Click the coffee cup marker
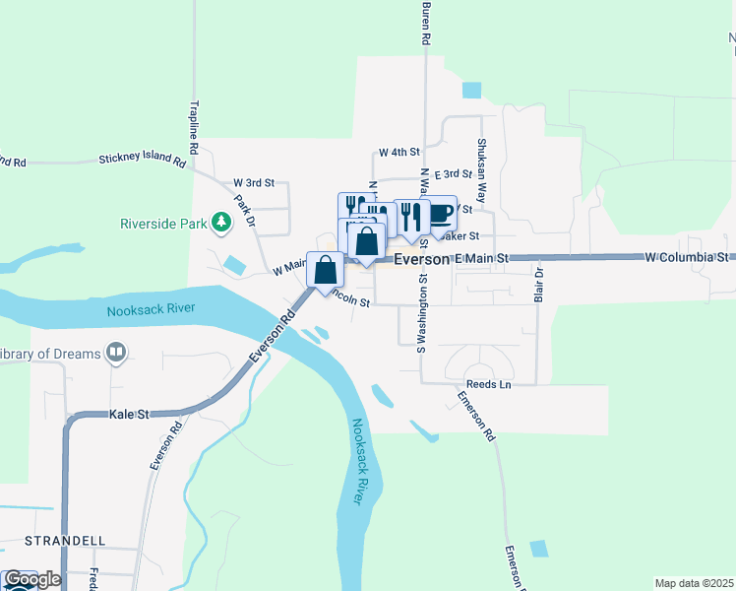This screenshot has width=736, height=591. pos(442,213)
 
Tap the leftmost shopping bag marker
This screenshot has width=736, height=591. pos(325,269)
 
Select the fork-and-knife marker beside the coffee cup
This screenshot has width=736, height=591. pos(411,216)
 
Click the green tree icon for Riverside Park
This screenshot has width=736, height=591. pos(221,224)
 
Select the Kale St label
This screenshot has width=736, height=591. pos(128,415)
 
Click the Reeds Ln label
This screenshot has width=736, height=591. pos(490,383)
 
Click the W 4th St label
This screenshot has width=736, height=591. pos(399,153)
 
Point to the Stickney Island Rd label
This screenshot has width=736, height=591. pos(142,159)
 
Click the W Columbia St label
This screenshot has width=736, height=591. pos(686,257)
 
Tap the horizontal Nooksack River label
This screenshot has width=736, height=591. pos(151,309)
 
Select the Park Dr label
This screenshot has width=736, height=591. pos(245,211)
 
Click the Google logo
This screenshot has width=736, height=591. pos(31,579)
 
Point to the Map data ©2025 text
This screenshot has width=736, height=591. pos(694,583)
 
